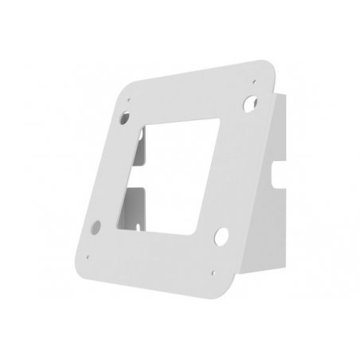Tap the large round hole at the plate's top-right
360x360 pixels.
(252, 103)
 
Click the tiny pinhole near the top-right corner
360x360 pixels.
(253, 80)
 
